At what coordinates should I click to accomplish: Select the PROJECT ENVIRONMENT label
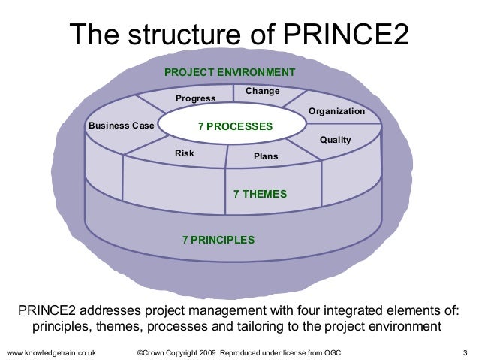[x=230, y=72]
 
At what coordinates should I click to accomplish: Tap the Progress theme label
[x=194, y=98]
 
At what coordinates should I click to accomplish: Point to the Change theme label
[x=263, y=91]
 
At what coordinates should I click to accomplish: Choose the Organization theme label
[x=336, y=111]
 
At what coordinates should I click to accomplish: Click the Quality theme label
[x=336, y=140]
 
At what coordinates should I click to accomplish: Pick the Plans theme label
[x=266, y=156]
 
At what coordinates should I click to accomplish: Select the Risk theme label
[x=185, y=153]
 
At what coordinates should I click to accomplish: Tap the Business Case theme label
[x=121, y=126]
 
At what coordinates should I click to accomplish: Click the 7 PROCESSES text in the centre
[x=235, y=126]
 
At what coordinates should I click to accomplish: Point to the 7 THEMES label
[x=261, y=193]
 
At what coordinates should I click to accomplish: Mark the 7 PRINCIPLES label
[x=218, y=240]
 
